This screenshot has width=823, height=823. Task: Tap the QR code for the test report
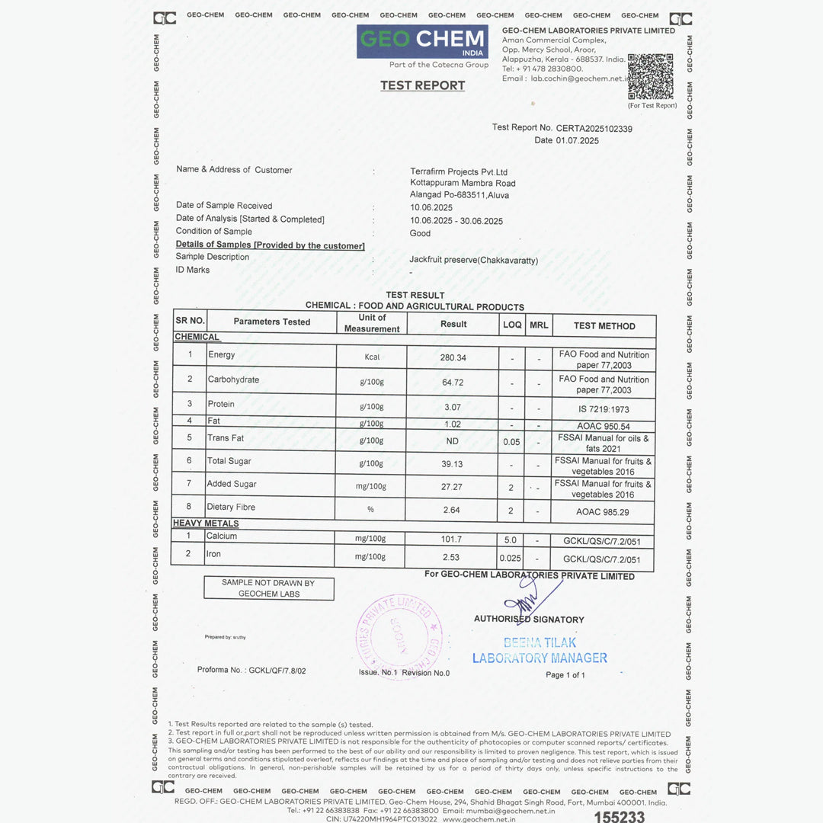click(x=651, y=76)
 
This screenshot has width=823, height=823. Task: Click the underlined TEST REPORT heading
click(x=423, y=85)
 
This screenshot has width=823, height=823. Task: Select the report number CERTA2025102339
click(x=594, y=129)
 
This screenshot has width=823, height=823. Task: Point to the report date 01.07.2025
click(x=578, y=140)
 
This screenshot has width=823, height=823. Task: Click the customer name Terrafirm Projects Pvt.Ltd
click(x=459, y=172)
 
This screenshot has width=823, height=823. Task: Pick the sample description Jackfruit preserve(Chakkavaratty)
click(x=474, y=261)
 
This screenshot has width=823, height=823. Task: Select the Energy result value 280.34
click(x=453, y=357)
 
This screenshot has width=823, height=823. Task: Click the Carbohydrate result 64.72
click(x=453, y=382)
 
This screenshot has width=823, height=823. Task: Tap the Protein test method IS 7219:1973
click(x=603, y=409)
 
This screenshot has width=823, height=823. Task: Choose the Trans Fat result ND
click(x=453, y=441)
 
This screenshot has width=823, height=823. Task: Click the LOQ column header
click(x=512, y=325)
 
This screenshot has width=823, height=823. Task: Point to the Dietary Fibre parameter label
click(x=231, y=507)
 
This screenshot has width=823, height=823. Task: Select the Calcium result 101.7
click(x=451, y=540)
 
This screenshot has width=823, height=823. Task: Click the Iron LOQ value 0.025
click(x=511, y=559)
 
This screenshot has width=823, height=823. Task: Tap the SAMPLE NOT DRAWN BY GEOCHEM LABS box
click(x=268, y=588)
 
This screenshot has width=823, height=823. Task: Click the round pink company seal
click(x=399, y=636)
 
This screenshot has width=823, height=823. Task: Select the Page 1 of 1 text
click(x=565, y=674)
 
